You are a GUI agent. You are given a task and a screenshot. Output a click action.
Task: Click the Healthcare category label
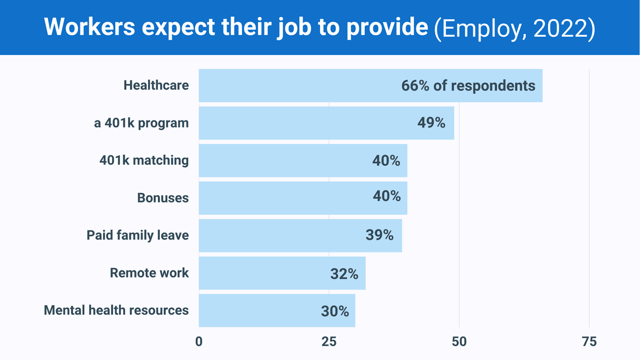[156, 85]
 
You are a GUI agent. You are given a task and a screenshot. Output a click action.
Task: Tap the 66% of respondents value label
[468, 85]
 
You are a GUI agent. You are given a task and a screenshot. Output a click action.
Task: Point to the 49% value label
[431, 123]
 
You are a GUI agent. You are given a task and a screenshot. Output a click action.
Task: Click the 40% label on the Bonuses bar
[387, 196]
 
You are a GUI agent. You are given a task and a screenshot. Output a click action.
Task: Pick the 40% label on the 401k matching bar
[387, 160]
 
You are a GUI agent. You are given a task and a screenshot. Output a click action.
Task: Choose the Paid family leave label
[138, 235]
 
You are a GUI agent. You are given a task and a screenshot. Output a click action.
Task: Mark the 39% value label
[380, 235]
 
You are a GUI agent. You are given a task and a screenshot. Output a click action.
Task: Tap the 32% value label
[344, 274]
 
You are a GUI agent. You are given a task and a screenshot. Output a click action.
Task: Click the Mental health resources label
[116, 310]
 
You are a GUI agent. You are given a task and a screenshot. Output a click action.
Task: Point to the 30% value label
[335, 311]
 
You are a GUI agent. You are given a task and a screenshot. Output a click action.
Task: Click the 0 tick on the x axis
[199, 342]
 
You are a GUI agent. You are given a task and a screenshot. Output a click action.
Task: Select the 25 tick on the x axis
[329, 342]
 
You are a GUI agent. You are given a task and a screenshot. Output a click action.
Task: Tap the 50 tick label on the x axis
[459, 342]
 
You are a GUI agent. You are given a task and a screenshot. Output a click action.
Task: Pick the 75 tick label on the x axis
[589, 342]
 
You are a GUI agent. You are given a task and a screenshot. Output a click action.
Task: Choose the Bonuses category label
[163, 198]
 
